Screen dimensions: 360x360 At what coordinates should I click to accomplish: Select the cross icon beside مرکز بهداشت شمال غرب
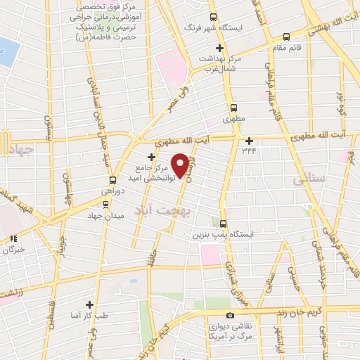point(220,49)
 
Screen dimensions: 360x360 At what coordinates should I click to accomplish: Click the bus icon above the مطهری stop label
point(235,108)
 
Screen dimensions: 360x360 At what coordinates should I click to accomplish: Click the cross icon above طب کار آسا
point(89,304)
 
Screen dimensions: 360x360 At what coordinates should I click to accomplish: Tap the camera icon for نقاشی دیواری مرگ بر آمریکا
point(230,316)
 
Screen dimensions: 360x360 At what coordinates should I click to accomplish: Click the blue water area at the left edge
point(6,53)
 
